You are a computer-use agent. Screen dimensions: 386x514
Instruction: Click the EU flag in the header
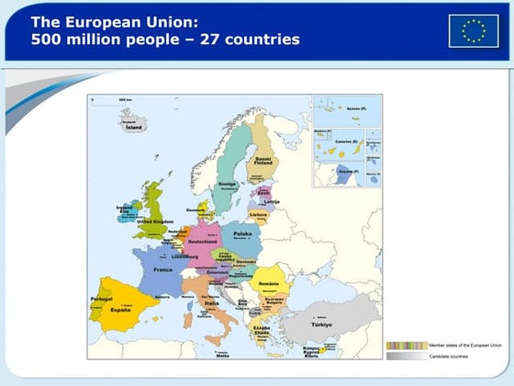point(474,30)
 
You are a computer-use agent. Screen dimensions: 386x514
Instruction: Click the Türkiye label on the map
point(321,325)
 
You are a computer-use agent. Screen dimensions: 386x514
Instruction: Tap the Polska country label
point(242,234)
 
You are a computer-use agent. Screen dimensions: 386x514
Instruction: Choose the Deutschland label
point(203,242)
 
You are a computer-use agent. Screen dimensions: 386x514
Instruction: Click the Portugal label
point(100,300)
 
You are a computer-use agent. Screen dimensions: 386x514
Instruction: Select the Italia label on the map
point(211,302)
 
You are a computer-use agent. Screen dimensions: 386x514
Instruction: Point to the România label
point(269,271)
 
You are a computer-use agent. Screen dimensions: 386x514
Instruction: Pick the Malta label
point(222,354)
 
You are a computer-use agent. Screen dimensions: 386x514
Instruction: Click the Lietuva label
point(258,214)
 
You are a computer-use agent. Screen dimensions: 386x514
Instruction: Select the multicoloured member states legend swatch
point(405,346)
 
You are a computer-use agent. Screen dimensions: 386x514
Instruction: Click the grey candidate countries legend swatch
point(405,356)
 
